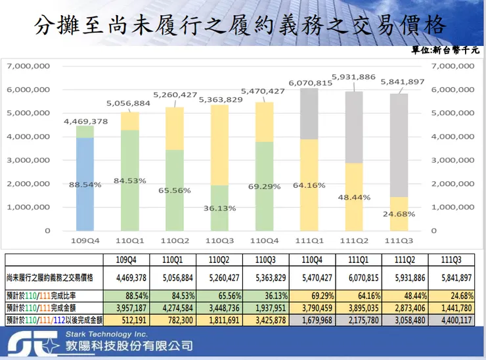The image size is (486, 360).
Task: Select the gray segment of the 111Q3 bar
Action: pyautogui.click(x=399, y=145)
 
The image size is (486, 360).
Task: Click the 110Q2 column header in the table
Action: pyautogui.click(x=219, y=259)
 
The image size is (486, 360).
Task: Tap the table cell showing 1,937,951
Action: pyautogui.click(x=265, y=307)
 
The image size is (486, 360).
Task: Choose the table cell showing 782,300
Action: pyautogui.click(x=177, y=321)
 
